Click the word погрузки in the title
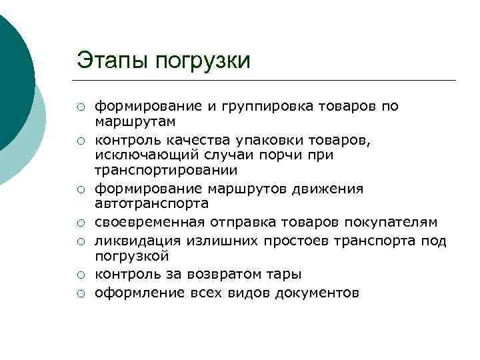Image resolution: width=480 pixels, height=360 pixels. pyautogui.click(x=203, y=61)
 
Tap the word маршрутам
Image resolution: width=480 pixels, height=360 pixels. pyautogui.click(x=135, y=123)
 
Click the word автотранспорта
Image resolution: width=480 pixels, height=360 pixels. pyautogui.click(x=152, y=204)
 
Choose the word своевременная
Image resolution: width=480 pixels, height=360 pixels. pyautogui.click(x=151, y=221)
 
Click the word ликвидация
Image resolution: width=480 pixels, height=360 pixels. pyautogui.click(x=133, y=240)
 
